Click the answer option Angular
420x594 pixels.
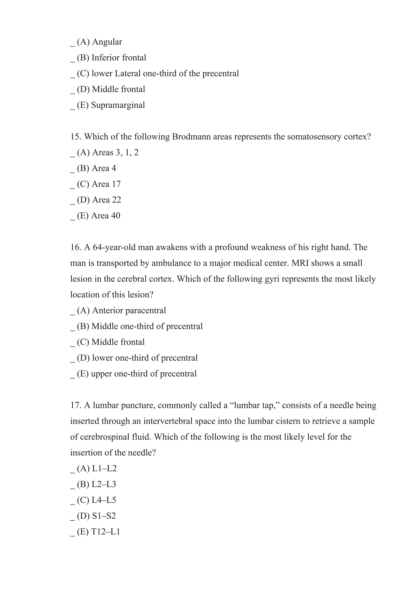pyautogui.click(x=107, y=42)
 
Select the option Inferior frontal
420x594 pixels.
pyautogui.click(x=119, y=58)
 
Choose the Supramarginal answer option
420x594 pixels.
pyautogui.click(x=118, y=105)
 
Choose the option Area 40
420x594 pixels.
pyautogui.click(x=106, y=215)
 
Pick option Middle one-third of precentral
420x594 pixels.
pyautogui.click(x=147, y=326)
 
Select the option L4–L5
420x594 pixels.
pyautogui.click(x=104, y=500)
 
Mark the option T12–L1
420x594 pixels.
pyautogui.click(x=106, y=532)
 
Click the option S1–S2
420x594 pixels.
pyautogui.click(x=104, y=516)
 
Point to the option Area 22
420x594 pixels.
pyautogui.click(x=106, y=200)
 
